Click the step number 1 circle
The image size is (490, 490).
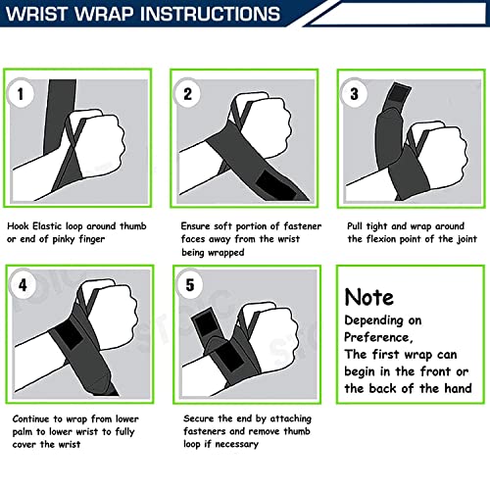(x=21, y=94)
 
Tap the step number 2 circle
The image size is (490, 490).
(x=187, y=94)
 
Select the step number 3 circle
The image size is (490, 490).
(x=354, y=94)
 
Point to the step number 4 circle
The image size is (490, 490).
(x=23, y=285)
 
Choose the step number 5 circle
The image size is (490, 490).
(x=190, y=285)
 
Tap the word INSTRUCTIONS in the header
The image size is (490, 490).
(x=212, y=14)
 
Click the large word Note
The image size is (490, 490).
(x=369, y=297)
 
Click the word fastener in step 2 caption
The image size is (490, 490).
(x=302, y=226)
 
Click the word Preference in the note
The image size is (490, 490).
(x=378, y=337)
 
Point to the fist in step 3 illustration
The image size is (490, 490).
(x=438, y=155)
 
